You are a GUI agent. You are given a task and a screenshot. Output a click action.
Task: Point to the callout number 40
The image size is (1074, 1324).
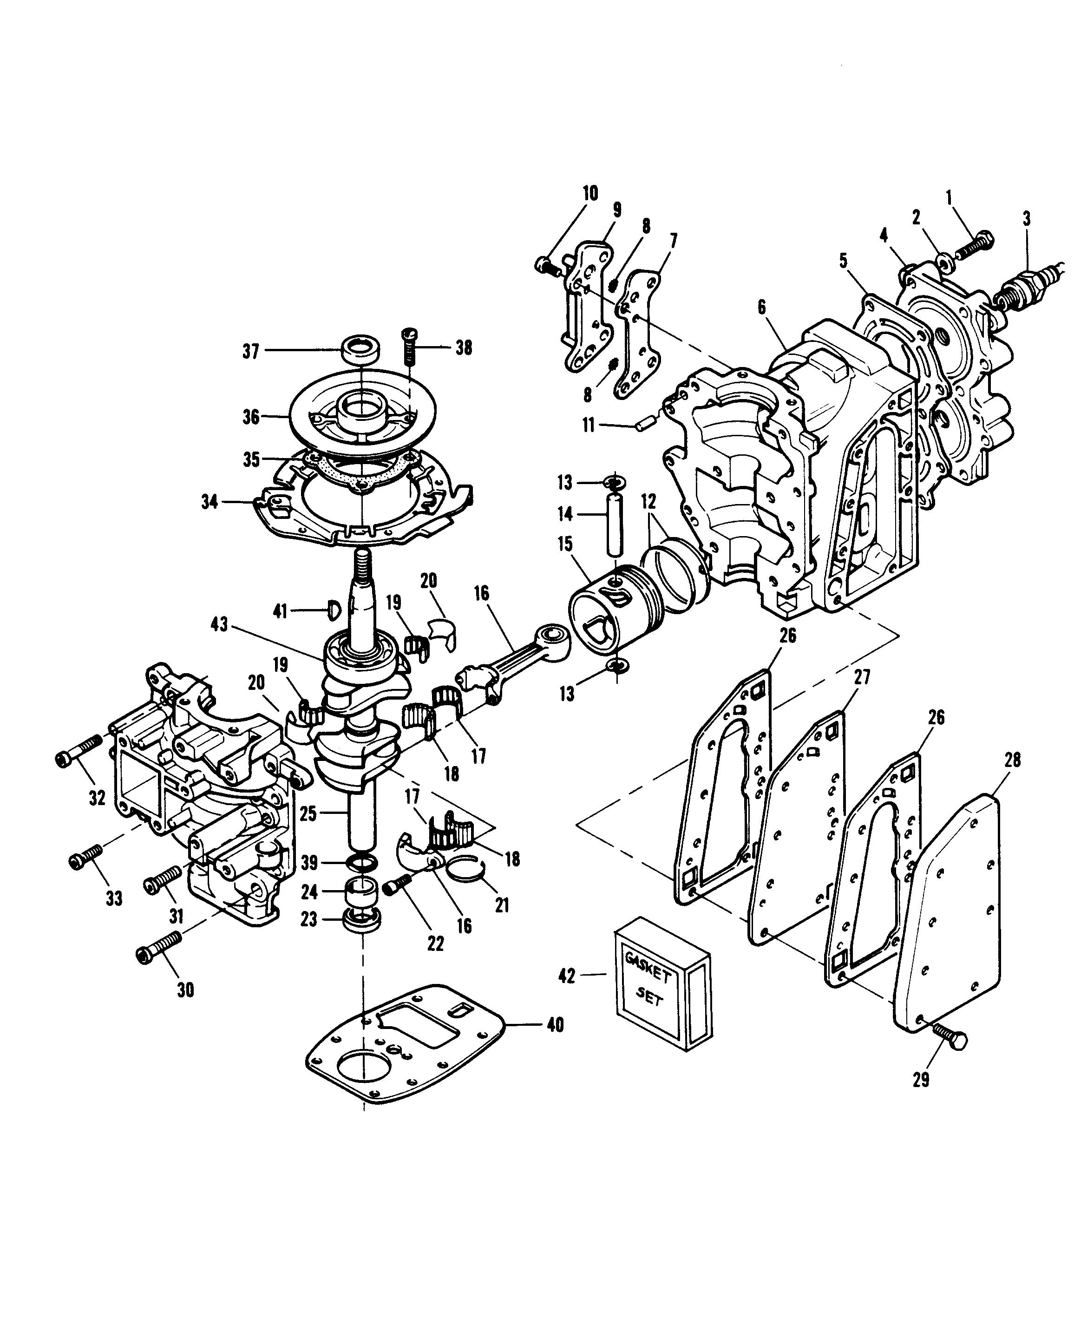pos(556,1025)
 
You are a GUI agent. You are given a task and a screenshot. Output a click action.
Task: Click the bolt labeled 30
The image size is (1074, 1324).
pos(158,947)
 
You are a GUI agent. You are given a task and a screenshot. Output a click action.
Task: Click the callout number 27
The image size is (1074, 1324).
pos(862,676)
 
